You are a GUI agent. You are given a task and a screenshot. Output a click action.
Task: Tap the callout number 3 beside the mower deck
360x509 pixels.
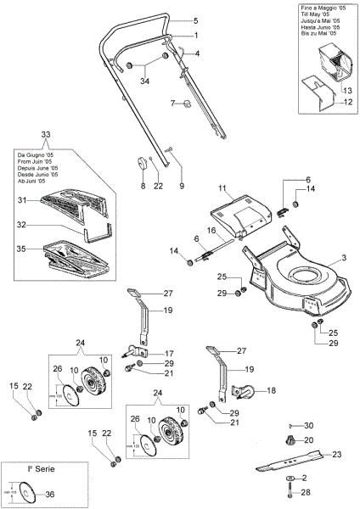click(344, 255)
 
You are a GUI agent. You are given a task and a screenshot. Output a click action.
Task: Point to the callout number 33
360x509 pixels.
click(45, 135)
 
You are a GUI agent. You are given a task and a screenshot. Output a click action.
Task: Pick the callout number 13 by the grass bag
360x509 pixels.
click(346, 89)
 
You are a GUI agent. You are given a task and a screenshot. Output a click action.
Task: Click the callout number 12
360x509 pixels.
click(346, 103)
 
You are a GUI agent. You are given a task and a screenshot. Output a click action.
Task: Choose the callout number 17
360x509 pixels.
click(169, 352)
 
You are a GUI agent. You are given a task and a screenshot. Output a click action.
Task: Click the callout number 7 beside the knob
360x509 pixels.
click(172, 103)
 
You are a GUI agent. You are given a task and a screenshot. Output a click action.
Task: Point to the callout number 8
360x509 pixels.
click(143, 186)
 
